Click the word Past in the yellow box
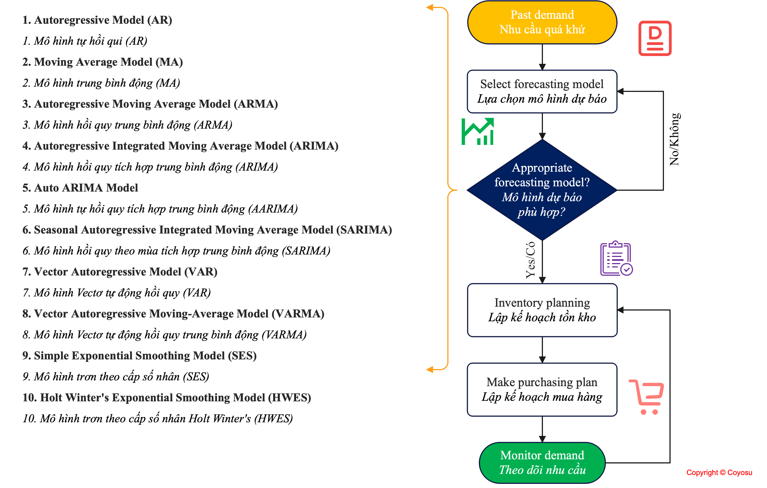[x=521, y=15]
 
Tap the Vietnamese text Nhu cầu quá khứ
[x=542, y=30]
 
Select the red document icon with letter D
[x=655, y=38]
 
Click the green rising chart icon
[x=477, y=132]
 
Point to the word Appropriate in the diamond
[x=542, y=168]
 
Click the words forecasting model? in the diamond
[x=542, y=182]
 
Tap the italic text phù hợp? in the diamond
[x=542, y=212]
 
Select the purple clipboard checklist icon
[x=616, y=258]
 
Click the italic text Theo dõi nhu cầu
[x=542, y=470]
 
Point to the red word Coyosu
[x=740, y=473]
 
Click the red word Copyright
[x=702, y=473]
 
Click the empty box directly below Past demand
[x=542, y=92]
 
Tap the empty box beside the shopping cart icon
[x=542, y=389]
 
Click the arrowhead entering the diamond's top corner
[x=542, y=136]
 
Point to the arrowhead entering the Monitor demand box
[x=542, y=439]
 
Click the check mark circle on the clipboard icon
[x=627, y=269]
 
